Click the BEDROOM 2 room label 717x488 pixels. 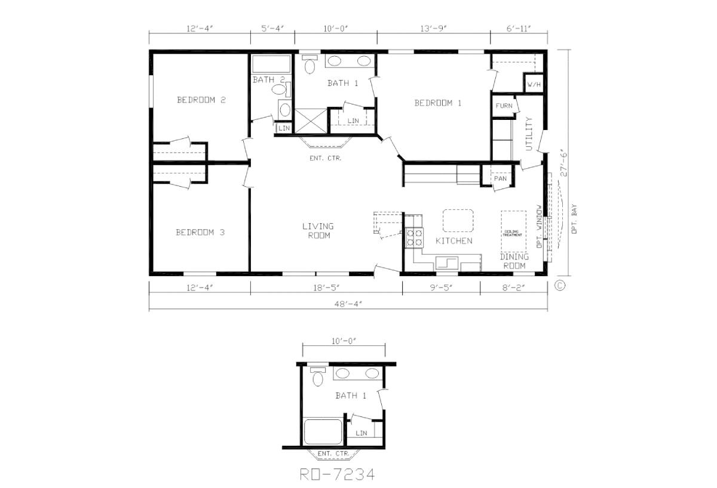pyautogui.click(x=201, y=100)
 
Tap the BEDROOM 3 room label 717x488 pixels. pyautogui.click(x=200, y=233)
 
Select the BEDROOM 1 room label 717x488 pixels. pyautogui.click(x=438, y=103)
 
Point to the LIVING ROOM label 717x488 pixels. pyautogui.click(x=317, y=230)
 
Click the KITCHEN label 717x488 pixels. pyautogui.click(x=454, y=241)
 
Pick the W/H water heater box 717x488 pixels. pyautogui.click(x=534, y=85)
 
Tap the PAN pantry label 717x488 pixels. pyautogui.click(x=500, y=178)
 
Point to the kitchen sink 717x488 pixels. pyautogui.click(x=448, y=262)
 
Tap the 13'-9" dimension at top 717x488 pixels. pyautogui.click(x=433, y=27)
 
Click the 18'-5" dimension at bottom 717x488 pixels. pyautogui.click(x=326, y=288)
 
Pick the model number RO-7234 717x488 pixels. pyautogui.click(x=337, y=475)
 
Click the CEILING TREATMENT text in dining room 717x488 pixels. pyautogui.click(x=513, y=233)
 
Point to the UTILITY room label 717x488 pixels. pyautogui.click(x=529, y=133)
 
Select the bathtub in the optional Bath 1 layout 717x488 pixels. pyautogui.click(x=323, y=431)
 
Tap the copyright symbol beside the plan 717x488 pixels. pyautogui.click(x=560, y=285)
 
